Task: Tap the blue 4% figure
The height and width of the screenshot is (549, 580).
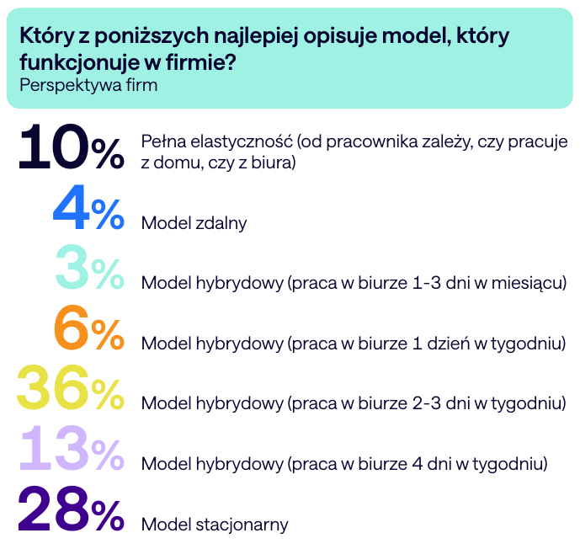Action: tap(88, 210)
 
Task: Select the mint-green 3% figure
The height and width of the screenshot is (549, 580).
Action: tap(88, 269)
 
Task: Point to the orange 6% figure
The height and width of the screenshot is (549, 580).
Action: tap(88, 329)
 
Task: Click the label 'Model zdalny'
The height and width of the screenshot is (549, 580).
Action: tap(194, 223)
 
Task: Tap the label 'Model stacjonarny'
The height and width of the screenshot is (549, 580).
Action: tap(215, 525)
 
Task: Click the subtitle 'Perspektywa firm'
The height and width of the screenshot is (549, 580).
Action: tap(88, 84)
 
